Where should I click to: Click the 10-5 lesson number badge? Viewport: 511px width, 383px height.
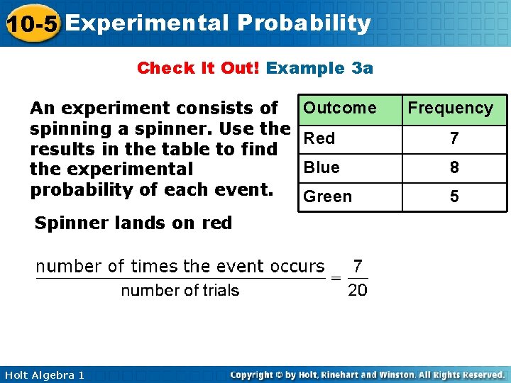(30, 24)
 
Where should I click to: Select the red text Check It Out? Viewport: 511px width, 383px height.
(199, 68)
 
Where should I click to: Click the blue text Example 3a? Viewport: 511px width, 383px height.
(319, 68)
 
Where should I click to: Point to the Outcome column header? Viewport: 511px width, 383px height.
(340, 108)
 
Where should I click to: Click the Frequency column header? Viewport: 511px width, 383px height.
(450, 108)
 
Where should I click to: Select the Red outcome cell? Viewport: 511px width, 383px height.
(319, 138)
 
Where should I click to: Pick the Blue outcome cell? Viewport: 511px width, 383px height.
(322, 167)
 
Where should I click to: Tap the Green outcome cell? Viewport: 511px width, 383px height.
(327, 196)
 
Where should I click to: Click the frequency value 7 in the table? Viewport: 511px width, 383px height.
(454, 139)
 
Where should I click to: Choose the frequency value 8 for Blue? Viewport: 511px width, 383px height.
(454, 168)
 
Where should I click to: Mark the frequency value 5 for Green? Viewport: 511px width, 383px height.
(454, 197)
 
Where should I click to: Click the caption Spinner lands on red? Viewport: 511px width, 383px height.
(133, 223)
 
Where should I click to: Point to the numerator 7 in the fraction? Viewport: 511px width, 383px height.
(358, 266)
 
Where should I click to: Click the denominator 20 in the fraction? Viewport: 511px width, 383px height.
(358, 290)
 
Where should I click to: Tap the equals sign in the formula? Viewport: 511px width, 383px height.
(336, 278)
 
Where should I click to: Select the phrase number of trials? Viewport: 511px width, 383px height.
(180, 290)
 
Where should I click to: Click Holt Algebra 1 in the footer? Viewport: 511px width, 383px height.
(43, 374)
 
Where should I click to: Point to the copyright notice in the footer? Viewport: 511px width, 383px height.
(368, 374)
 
